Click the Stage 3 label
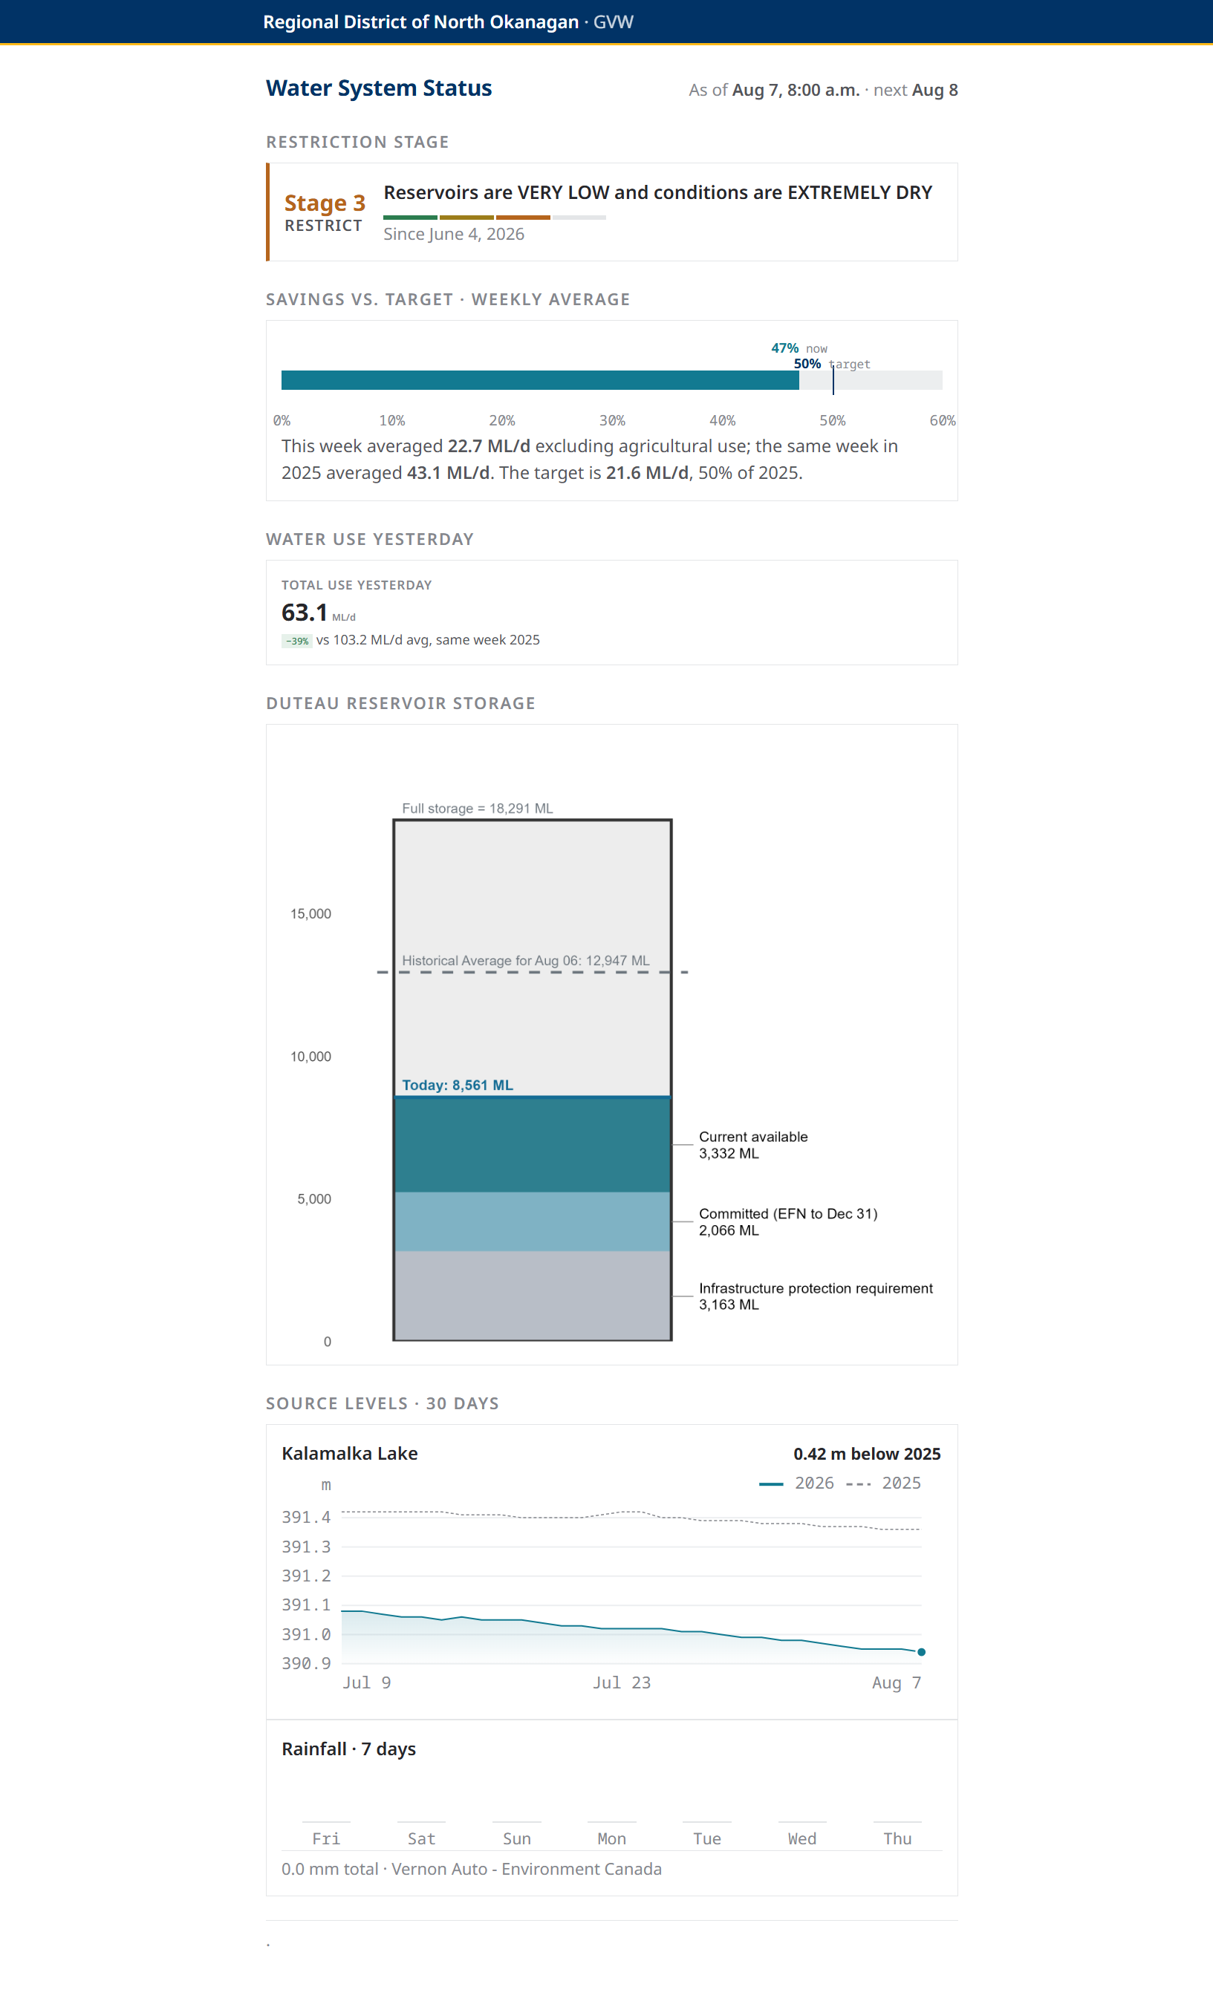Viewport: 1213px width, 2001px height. (324, 202)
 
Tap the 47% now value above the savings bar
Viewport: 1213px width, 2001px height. (799, 348)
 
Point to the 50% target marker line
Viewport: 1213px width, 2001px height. (833, 379)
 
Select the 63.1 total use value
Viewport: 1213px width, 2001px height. (305, 613)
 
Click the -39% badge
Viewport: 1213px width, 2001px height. (297, 641)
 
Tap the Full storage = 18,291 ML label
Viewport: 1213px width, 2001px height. (477, 808)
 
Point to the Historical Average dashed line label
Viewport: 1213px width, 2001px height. (526, 961)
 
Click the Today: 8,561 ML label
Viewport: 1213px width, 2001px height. (458, 1085)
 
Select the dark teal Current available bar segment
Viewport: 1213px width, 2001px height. (532, 1144)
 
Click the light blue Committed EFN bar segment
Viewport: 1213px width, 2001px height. (532, 1221)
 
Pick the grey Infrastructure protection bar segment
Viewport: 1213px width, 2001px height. (532, 1296)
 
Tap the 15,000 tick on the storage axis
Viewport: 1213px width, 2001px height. (311, 913)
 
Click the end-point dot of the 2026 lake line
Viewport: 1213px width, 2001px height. (921, 1652)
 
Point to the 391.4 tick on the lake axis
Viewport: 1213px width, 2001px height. (306, 1517)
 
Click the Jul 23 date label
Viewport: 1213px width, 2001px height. (622, 1682)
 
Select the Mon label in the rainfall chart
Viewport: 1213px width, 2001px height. (612, 1838)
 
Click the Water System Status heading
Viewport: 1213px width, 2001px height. (379, 88)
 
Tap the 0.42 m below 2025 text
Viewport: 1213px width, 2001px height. (867, 1454)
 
